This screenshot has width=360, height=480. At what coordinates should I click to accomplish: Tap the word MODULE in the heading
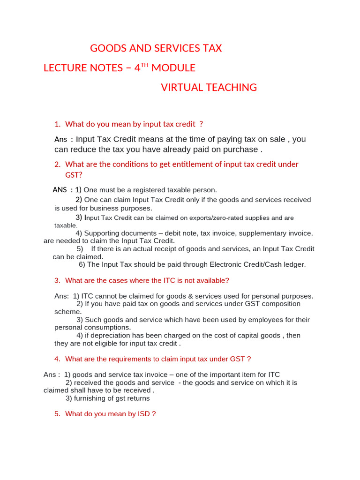173,68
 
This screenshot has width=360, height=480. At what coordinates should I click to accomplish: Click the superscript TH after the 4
144,65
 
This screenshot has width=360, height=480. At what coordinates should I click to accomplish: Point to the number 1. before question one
58,124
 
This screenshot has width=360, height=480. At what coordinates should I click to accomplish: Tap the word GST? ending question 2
74,175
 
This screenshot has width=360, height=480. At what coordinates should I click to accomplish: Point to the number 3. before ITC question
58,280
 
